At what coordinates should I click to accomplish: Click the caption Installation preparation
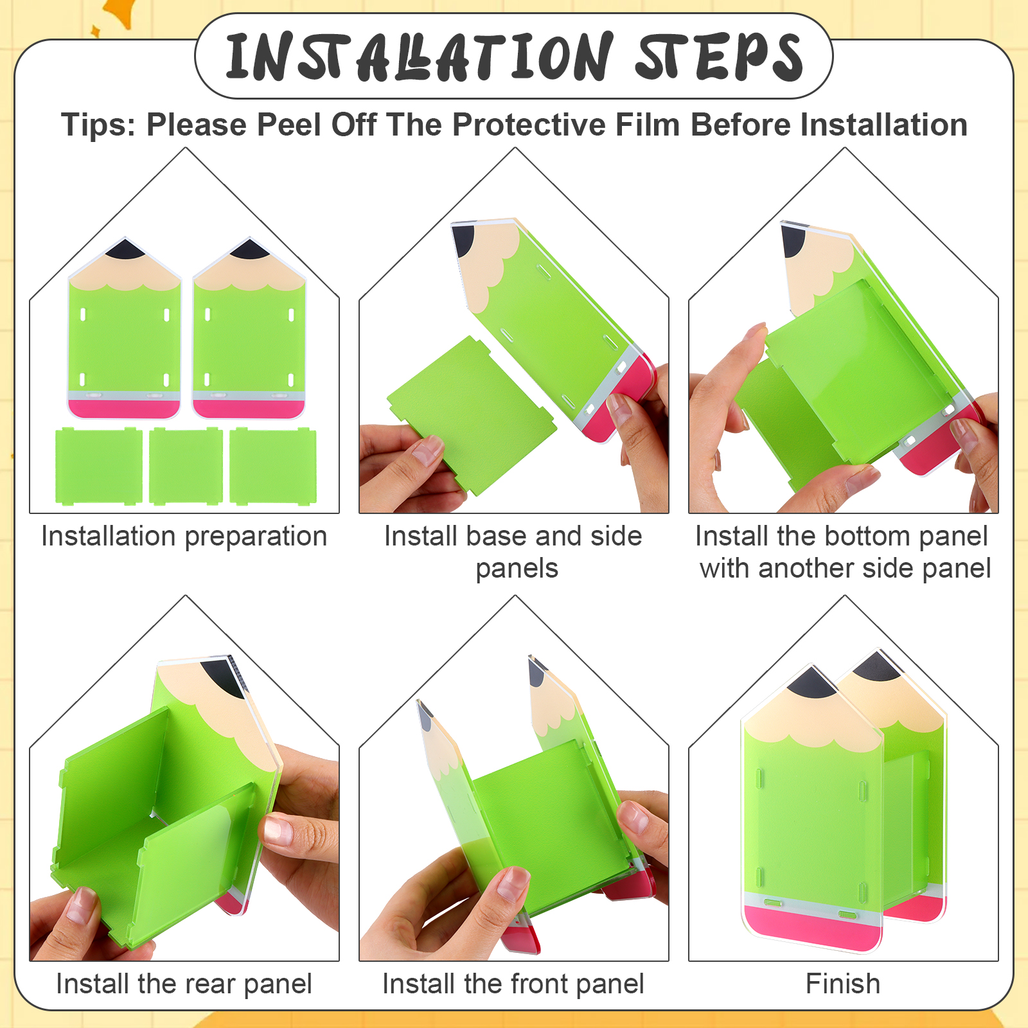(184, 536)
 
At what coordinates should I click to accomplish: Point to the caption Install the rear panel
(184, 984)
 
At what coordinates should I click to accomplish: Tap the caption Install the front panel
(513, 984)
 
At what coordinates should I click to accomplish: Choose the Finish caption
(843, 984)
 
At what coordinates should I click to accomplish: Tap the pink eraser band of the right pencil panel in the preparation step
(249, 409)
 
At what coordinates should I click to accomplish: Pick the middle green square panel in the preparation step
(186, 466)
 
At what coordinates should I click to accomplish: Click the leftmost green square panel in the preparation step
(98, 466)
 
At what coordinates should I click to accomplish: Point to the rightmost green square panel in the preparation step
(273, 466)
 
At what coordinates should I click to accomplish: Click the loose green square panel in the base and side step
(471, 415)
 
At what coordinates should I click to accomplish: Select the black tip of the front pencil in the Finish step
(812, 682)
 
